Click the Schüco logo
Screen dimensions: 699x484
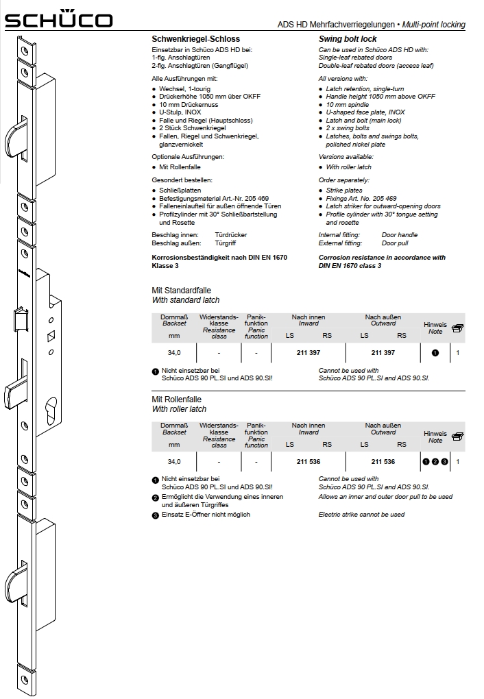click(x=58, y=21)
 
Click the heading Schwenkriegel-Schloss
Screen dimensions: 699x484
click(x=195, y=40)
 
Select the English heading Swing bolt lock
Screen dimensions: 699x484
click(x=349, y=40)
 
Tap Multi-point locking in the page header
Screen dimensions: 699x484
click(x=435, y=25)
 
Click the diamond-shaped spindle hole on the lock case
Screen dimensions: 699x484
click(x=51, y=336)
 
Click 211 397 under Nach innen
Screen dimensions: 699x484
click(x=308, y=352)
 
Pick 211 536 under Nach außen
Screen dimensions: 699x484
click(x=383, y=462)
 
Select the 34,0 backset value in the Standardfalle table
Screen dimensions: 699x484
click(x=174, y=352)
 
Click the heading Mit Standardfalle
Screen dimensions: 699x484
click(x=181, y=291)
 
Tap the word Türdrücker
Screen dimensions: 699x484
click(x=231, y=235)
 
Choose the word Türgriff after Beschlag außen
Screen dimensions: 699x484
click(x=228, y=243)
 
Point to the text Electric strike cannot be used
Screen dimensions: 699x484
click(x=361, y=515)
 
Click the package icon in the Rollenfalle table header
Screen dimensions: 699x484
click(x=457, y=436)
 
